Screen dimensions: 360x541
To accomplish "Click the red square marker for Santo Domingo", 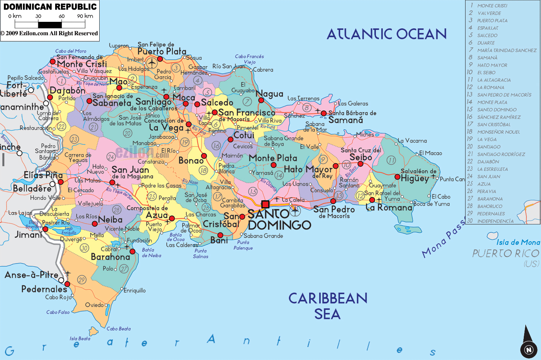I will [x=265, y=204].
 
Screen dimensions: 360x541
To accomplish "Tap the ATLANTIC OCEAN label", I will [x=387, y=34].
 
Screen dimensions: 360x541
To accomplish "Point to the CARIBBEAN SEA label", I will [x=328, y=306].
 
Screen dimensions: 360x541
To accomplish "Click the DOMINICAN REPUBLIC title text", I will [x=50, y=7].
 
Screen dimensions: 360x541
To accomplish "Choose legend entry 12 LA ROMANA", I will [x=490, y=87].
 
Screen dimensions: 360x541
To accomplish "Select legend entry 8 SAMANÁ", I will [x=487, y=58].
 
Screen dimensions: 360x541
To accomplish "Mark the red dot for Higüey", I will [x=397, y=177].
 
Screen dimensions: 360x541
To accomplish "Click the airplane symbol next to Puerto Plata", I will [x=152, y=62].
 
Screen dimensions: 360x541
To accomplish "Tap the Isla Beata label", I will [x=80, y=339].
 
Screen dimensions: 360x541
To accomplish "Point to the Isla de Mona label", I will [x=518, y=242].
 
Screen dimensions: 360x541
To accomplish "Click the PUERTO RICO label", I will [x=506, y=254].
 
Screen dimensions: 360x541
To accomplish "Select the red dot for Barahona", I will [x=132, y=252].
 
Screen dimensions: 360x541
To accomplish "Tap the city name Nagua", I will [x=269, y=94].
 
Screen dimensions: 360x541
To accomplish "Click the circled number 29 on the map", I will [x=82, y=280].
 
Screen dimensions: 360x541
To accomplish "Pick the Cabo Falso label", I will [x=58, y=312].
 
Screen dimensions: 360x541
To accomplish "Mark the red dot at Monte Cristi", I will [x=53, y=61].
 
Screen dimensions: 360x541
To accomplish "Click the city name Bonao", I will [x=191, y=161].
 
